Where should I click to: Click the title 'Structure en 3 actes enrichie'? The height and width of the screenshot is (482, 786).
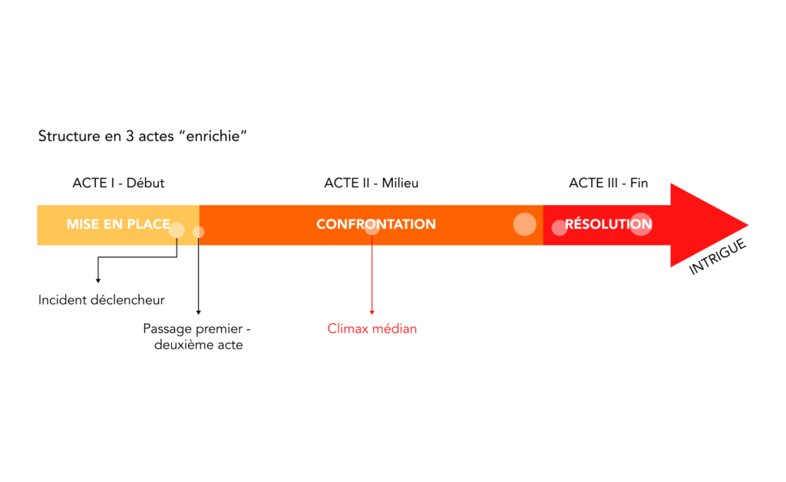[142, 137]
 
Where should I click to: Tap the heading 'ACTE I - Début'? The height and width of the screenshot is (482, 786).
[118, 183]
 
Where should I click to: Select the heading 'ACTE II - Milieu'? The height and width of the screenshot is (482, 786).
[372, 183]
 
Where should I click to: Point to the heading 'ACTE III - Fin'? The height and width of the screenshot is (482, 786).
[608, 183]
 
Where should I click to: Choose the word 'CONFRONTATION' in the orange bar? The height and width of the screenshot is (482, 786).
[376, 225]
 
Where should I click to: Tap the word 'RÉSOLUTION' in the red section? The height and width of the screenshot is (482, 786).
[609, 225]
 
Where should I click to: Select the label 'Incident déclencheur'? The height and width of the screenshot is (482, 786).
[101, 299]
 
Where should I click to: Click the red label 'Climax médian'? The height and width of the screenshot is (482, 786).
[372, 328]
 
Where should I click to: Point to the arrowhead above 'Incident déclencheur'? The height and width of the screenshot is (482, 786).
[97, 281]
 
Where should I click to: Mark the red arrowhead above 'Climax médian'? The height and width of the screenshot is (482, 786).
[372, 312]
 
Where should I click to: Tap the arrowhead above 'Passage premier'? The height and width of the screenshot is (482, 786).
[198, 312]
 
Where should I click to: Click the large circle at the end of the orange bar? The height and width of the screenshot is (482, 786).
[524, 223]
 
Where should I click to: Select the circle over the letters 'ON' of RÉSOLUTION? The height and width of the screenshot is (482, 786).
[641, 224]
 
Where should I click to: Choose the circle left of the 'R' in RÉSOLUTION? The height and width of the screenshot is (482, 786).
[560, 227]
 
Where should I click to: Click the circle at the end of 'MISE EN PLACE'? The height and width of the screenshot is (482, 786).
[177, 229]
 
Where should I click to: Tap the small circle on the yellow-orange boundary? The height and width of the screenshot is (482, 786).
[198, 232]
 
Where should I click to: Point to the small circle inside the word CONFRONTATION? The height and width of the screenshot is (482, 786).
[372, 227]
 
